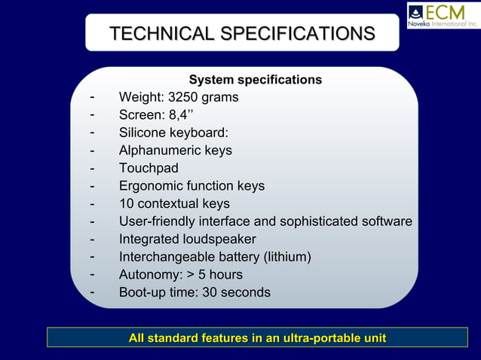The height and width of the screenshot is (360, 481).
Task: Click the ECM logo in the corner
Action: [443, 15]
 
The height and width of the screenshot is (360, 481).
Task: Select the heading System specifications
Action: [255, 80]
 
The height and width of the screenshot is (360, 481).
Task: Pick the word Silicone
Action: [144, 133]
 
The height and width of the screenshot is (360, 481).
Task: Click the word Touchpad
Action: [149, 168]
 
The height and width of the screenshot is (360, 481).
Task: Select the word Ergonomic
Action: [151, 186]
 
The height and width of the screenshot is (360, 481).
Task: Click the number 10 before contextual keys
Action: [127, 203]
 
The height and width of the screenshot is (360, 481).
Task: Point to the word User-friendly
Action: [157, 221]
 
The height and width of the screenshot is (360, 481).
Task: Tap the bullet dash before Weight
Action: [91, 97]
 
